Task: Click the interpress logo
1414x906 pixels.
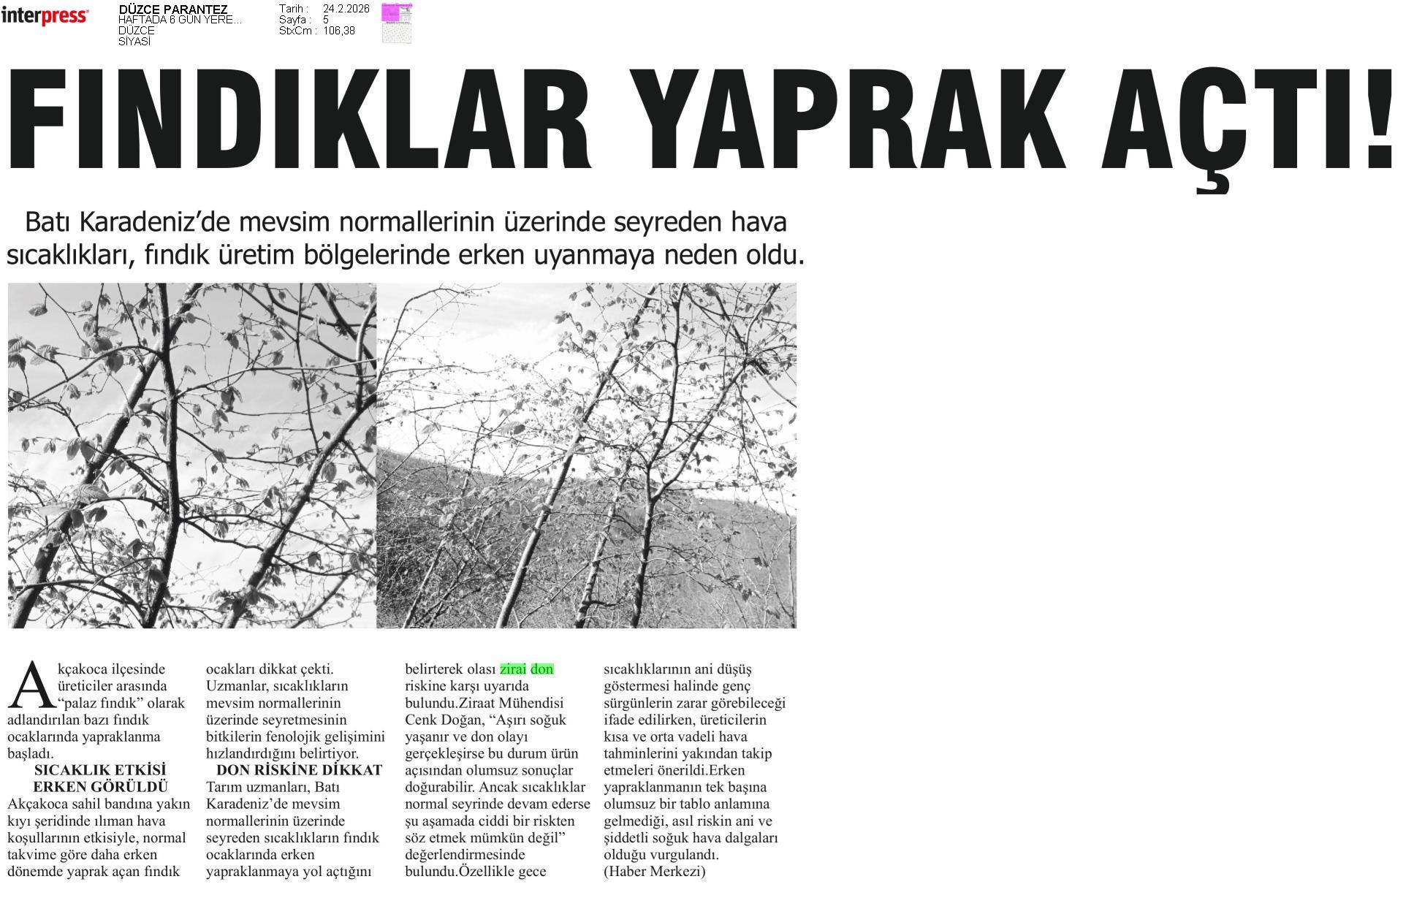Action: (x=45, y=16)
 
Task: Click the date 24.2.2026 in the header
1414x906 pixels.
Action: (x=346, y=9)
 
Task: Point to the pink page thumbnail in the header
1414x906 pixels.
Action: (x=397, y=23)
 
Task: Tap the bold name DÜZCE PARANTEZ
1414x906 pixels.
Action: (x=172, y=9)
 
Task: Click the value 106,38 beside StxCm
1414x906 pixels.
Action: (x=338, y=31)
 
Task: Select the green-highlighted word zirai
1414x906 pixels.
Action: (x=513, y=669)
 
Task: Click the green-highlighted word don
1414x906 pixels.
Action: (x=542, y=669)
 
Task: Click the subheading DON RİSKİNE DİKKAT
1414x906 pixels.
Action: (x=299, y=770)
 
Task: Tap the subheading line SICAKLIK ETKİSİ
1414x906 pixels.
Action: (x=100, y=770)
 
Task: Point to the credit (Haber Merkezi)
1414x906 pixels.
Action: (x=654, y=872)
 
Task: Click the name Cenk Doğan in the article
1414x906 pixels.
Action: (x=449, y=720)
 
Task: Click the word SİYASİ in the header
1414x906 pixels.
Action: (x=134, y=42)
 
